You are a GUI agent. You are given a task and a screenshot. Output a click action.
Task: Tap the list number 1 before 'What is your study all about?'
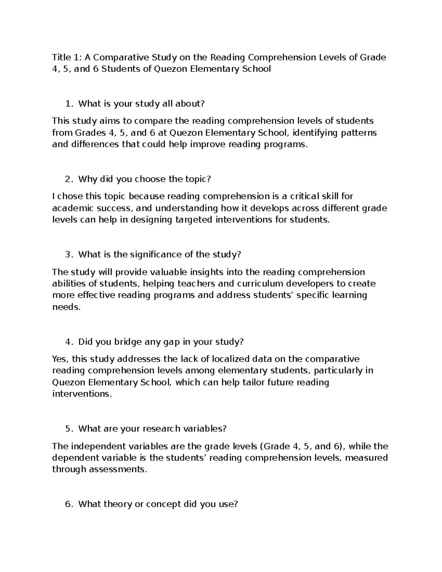click(x=69, y=104)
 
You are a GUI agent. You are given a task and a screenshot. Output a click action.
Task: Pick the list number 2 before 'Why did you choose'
click(x=69, y=179)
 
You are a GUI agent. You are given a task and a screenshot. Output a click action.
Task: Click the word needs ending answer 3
click(x=66, y=307)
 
